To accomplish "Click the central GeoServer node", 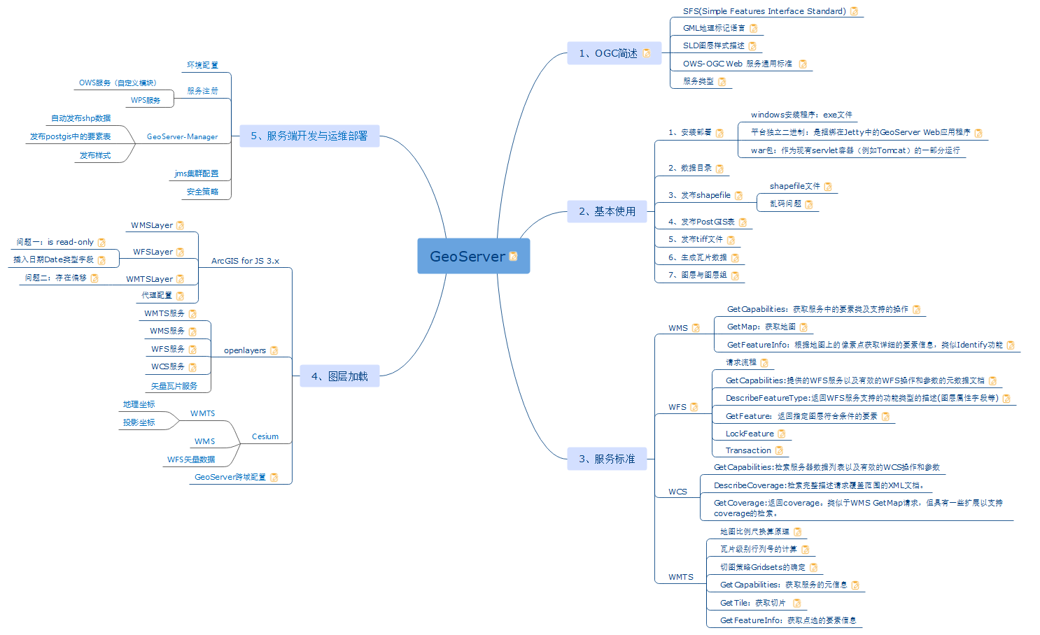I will pyautogui.click(x=468, y=257).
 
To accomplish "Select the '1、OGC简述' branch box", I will pyautogui.click(x=608, y=53).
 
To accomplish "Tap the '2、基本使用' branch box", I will pyautogui.click(x=607, y=211).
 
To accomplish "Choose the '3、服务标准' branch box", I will pyautogui.click(x=607, y=459).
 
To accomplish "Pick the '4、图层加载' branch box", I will pyautogui.click(x=339, y=376).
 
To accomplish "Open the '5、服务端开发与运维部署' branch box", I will pyautogui.click(x=309, y=136).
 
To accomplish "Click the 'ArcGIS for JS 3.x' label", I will pyautogui.click(x=245, y=261).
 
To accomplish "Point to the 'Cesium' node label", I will pyautogui.click(x=265, y=436).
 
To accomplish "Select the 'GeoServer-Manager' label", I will pyautogui.click(x=182, y=137).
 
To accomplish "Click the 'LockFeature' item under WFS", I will pyautogui.click(x=750, y=434).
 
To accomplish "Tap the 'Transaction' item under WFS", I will pyautogui.click(x=748, y=450).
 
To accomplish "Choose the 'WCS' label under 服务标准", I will pyautogui.click(x=677, y=492).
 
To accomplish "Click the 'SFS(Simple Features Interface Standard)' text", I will pyautogui.click(x=764, y=11).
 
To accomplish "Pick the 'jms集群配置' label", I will pyautogui.click(x=197, y=173).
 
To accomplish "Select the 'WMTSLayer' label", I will pyautogui.click(x=149, y=279).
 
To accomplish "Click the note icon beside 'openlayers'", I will pyautogui.click(x=274, y=350).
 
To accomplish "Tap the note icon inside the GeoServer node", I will pyautogui.click(x=513, y=257).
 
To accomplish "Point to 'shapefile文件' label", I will pyautogui.click(x=794, y=186).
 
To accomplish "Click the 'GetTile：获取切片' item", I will pyautogui.click(x=752, y=603).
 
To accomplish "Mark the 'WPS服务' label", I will pyautogui.click(x=146, y=100).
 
